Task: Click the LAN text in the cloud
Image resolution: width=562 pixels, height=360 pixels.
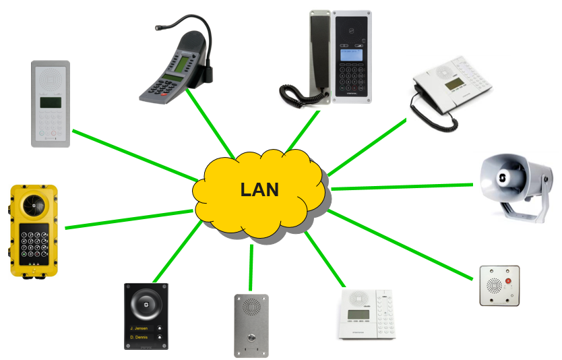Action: point(259,189)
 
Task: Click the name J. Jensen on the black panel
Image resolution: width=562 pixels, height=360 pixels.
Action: point(139,329)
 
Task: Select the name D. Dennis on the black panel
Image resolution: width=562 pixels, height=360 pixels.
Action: point(139,337)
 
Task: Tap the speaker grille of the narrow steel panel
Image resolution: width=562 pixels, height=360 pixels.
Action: point(251,307)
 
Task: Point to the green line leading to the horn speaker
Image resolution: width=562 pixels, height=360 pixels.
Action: point(404,186)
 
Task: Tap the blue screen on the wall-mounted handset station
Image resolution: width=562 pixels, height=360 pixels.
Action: point(351,54)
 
